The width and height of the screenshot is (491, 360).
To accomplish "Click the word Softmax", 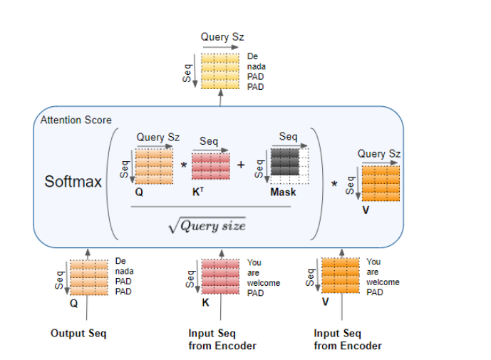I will (73, 181).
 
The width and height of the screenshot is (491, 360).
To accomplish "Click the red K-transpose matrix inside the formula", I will (211, 166).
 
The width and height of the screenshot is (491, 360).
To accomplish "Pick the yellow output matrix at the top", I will (221, 71).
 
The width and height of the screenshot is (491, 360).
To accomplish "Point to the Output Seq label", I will (78, 334).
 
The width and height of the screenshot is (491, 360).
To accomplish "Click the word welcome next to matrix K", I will (264, 282).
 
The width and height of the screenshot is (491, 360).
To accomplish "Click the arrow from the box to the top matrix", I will (221, 98).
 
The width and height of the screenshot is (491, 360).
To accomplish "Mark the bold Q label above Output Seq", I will (73, 302).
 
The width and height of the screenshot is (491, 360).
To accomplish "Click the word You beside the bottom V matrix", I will (373, 262).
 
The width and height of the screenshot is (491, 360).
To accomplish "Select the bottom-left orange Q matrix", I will (89, 278).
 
